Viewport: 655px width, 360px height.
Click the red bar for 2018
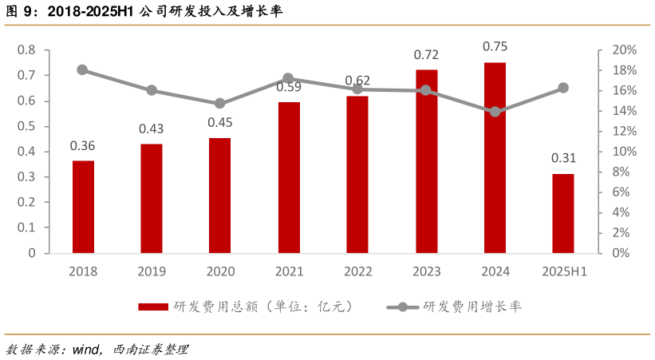pos(83,207)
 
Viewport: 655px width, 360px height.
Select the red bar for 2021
pos(288,177)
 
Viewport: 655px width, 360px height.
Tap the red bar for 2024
pos(495,157)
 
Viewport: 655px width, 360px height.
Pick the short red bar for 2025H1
pos(563,213)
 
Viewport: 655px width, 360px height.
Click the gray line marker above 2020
pos(220,104)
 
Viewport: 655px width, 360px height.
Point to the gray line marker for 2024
pos(495,112)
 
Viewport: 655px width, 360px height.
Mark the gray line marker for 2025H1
pos(563,88)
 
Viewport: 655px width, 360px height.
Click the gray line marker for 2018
pos(82,70)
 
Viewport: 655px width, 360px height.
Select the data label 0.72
pos(426,55)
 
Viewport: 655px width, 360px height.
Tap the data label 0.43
pos(151,129)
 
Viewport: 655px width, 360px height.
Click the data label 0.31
pos(563,158)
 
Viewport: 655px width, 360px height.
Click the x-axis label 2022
pos(357,271)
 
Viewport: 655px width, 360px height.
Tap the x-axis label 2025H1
pos(563,271)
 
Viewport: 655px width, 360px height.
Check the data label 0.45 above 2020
pos(220,122)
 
